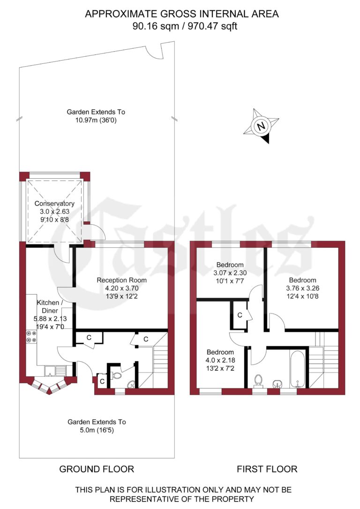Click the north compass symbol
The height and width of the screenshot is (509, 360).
(x=261, y=126)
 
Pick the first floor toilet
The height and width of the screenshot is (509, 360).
(x=257, y=380)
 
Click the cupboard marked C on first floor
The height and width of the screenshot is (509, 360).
(x=240, y=315)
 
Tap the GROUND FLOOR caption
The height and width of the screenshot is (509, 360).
(x=97, y=469)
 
